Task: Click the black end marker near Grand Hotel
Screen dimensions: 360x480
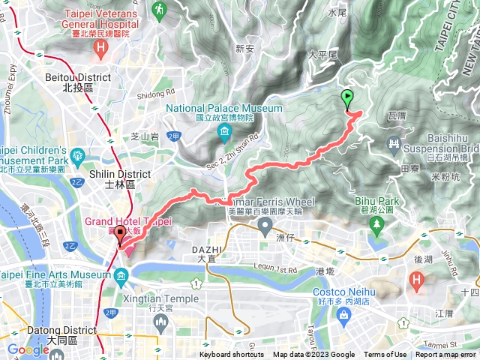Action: tap(121, 237)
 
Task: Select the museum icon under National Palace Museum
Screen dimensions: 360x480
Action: tap(224, 133)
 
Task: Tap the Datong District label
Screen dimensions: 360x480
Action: tap(35, 334)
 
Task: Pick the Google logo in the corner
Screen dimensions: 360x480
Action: tap(28, 349)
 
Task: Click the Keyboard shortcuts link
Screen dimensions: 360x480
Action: tap(232, 355)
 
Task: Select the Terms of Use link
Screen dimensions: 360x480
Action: tap(385, 355)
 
